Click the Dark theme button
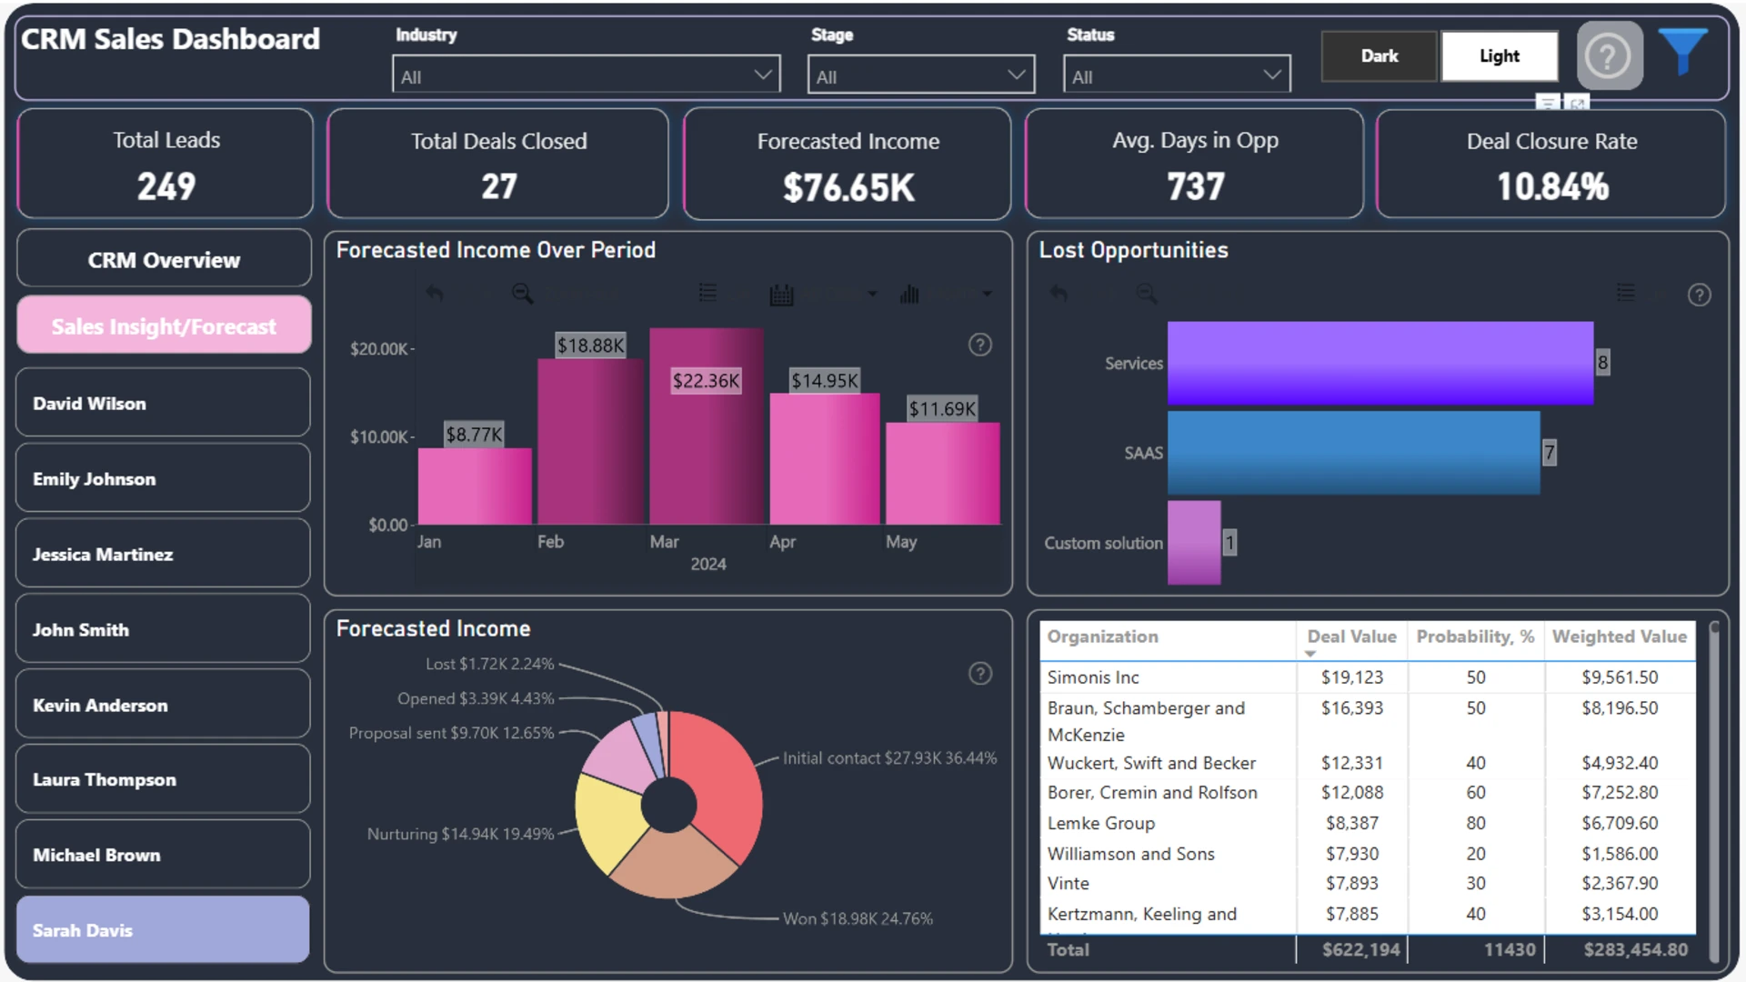[x=1379, y=56]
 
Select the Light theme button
[x=1500, y=56]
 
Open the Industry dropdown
[x=587, y=75]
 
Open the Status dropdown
[x=1177, y=75]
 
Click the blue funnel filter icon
[x=1682, y=50]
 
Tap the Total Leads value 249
[x=166, y=187]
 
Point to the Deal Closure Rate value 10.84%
[x=1552, y=187]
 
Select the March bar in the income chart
[x=707, y=426]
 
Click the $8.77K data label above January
[x=474, y=435]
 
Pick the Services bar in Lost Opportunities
[x=1380, y=363]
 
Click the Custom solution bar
[x=1194, y=543]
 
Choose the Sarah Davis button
[x=164, y=930]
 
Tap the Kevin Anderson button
[x=164, y=705]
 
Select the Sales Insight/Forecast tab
[x=164, y=326]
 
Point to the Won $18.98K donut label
[x=858, y=918]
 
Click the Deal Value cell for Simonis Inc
[x=1352, y=677]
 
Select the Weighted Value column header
[x=1620, y=636]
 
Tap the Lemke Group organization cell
[x=1101, y=823]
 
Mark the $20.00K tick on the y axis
[x=379, y=349]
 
